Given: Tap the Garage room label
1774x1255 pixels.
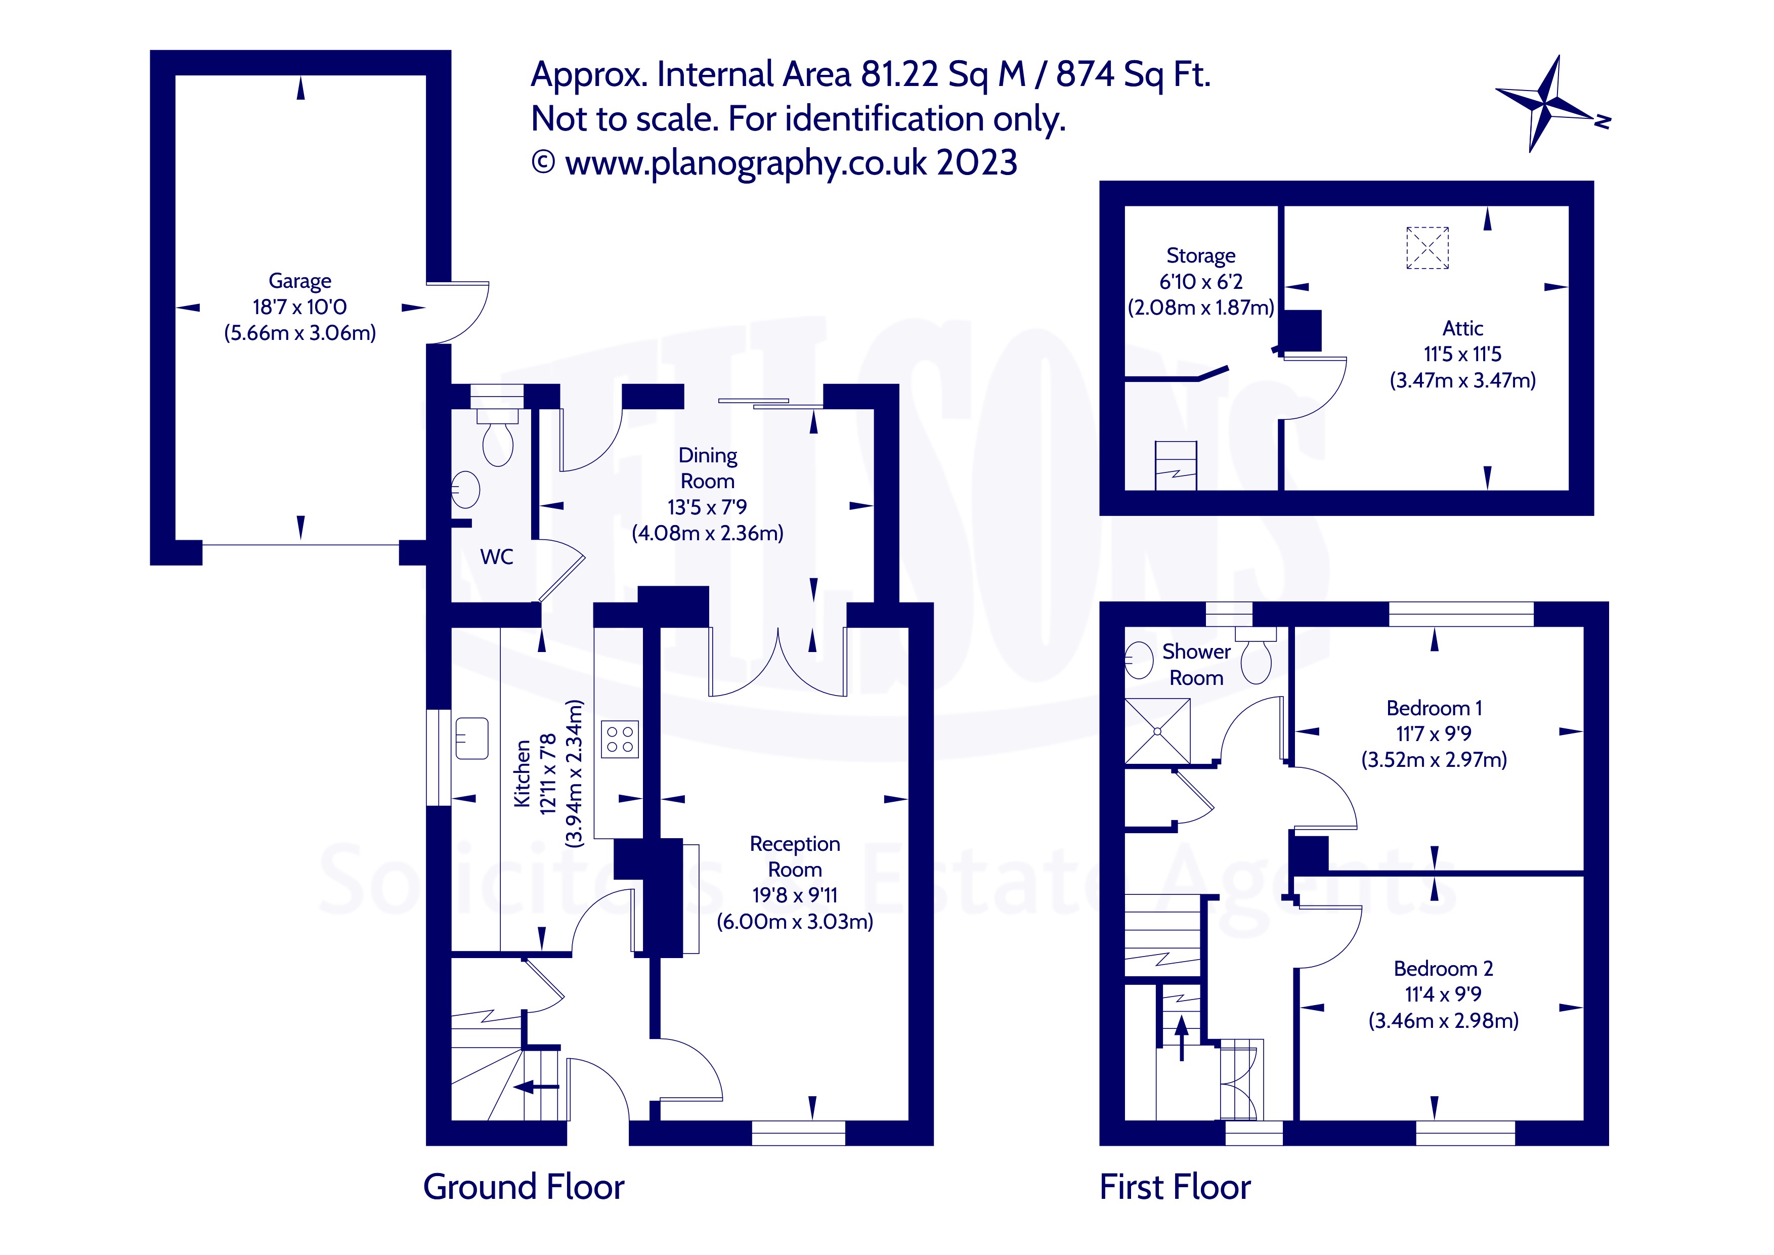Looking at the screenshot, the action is click(x=300, y=281).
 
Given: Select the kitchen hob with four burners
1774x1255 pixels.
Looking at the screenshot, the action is click(x=620, y=738).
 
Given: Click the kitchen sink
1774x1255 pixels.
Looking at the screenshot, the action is click(x=472, y=738).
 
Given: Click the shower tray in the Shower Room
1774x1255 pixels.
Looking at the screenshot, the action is click(x=1157, y=731).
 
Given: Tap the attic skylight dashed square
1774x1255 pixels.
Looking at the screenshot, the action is click(x=1427, y=247).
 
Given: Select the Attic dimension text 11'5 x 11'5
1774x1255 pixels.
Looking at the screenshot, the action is click(x=1462, y=355).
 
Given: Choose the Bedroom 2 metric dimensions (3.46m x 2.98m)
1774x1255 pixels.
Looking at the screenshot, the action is click(x=1443, y=1021).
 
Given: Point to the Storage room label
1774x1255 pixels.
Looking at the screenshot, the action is click(x=1201, y=256).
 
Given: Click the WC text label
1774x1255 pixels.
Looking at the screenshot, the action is click(x=496, y=557).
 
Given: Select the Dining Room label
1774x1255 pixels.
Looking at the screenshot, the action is click(x=708, y=468).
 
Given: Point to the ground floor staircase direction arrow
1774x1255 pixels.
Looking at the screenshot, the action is click(x=536, y=1087).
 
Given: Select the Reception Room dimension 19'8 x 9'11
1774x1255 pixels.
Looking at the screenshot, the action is click(x=795, y=896).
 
